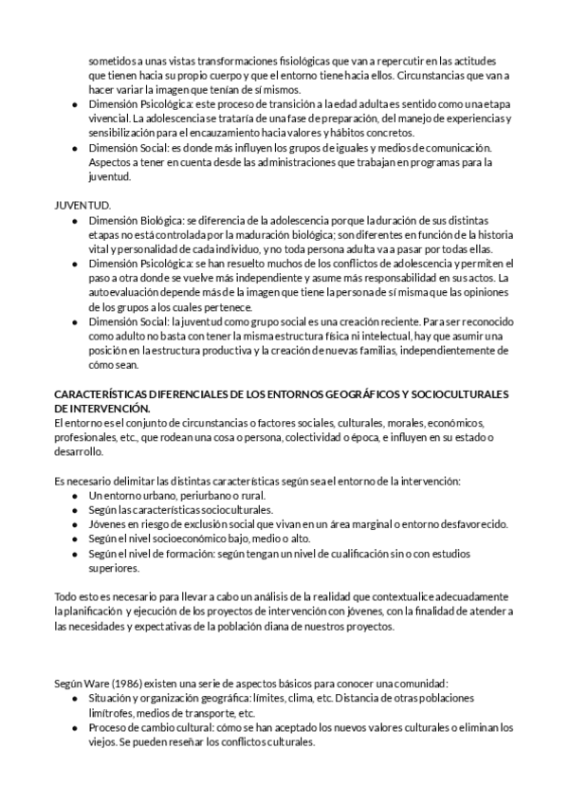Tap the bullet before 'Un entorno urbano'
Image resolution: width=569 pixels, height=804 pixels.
point(75,496)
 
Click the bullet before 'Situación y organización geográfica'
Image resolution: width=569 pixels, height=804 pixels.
point(75,698)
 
